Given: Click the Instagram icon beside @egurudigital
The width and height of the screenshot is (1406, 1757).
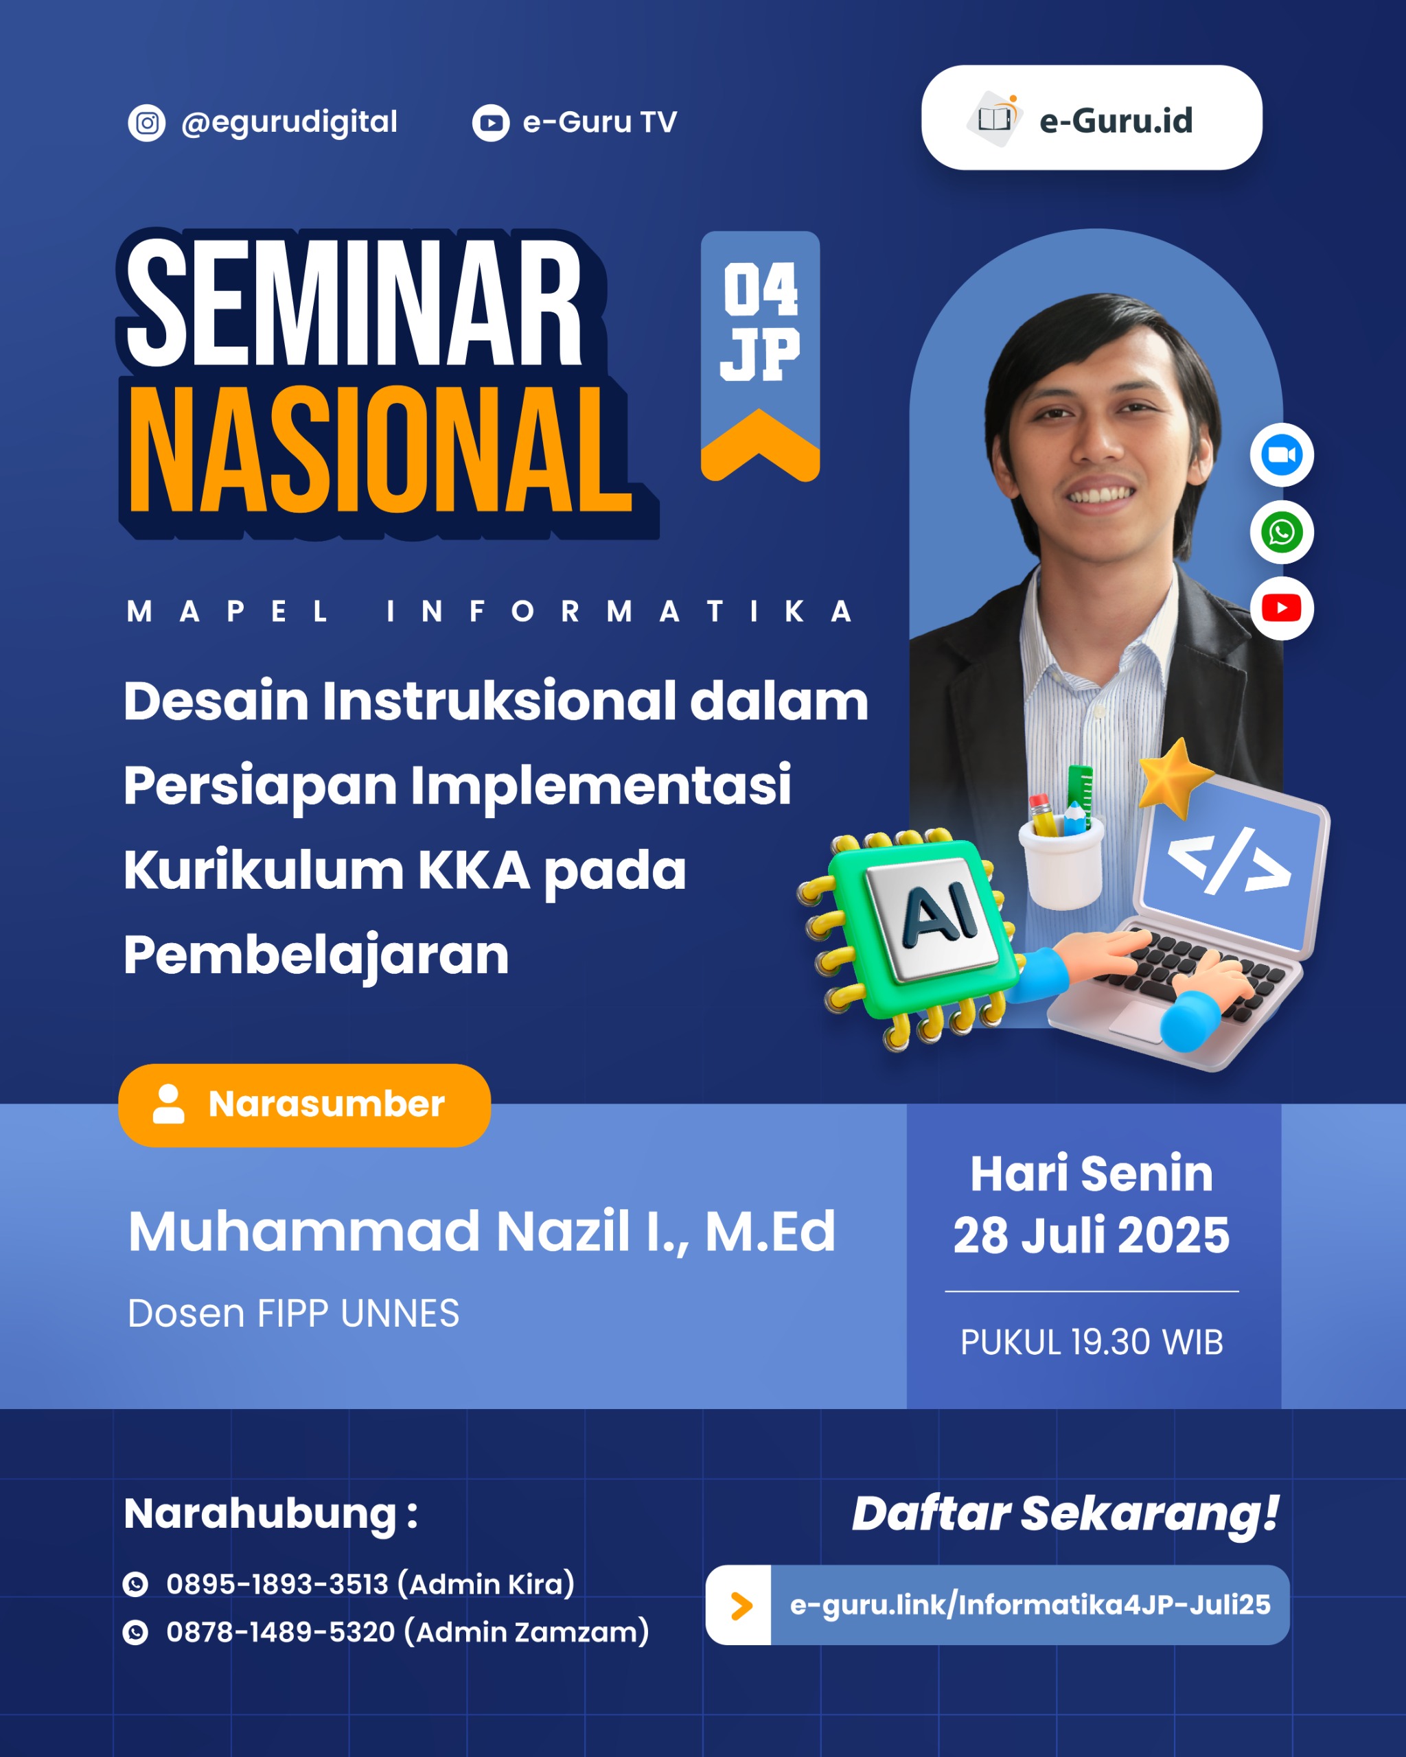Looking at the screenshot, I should click(147, 123).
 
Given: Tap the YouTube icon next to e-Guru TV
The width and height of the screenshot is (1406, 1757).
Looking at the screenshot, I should click(491, 123).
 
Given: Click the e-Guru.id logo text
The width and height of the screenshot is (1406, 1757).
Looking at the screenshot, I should click(1115, 121).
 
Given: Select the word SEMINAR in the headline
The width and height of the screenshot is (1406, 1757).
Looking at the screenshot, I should click(354, 303).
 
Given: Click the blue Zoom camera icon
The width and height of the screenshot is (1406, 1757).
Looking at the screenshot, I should click(1281, 455).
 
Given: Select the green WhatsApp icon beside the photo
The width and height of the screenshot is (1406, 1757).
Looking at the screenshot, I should click(1281, 532).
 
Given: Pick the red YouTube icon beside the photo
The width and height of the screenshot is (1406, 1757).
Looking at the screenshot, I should click(1281, 608).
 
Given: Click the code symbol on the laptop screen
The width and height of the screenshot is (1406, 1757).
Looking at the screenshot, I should click(1229, 861).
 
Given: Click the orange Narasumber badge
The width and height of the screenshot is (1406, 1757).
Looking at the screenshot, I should click(304, 1105).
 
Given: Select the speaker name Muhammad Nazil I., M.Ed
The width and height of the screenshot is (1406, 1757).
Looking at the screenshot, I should click(481, 1231).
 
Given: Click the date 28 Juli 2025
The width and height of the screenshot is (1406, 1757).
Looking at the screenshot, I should click(1092, 1235).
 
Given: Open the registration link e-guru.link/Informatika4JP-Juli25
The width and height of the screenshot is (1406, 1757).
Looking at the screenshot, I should click(1029, 1604).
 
